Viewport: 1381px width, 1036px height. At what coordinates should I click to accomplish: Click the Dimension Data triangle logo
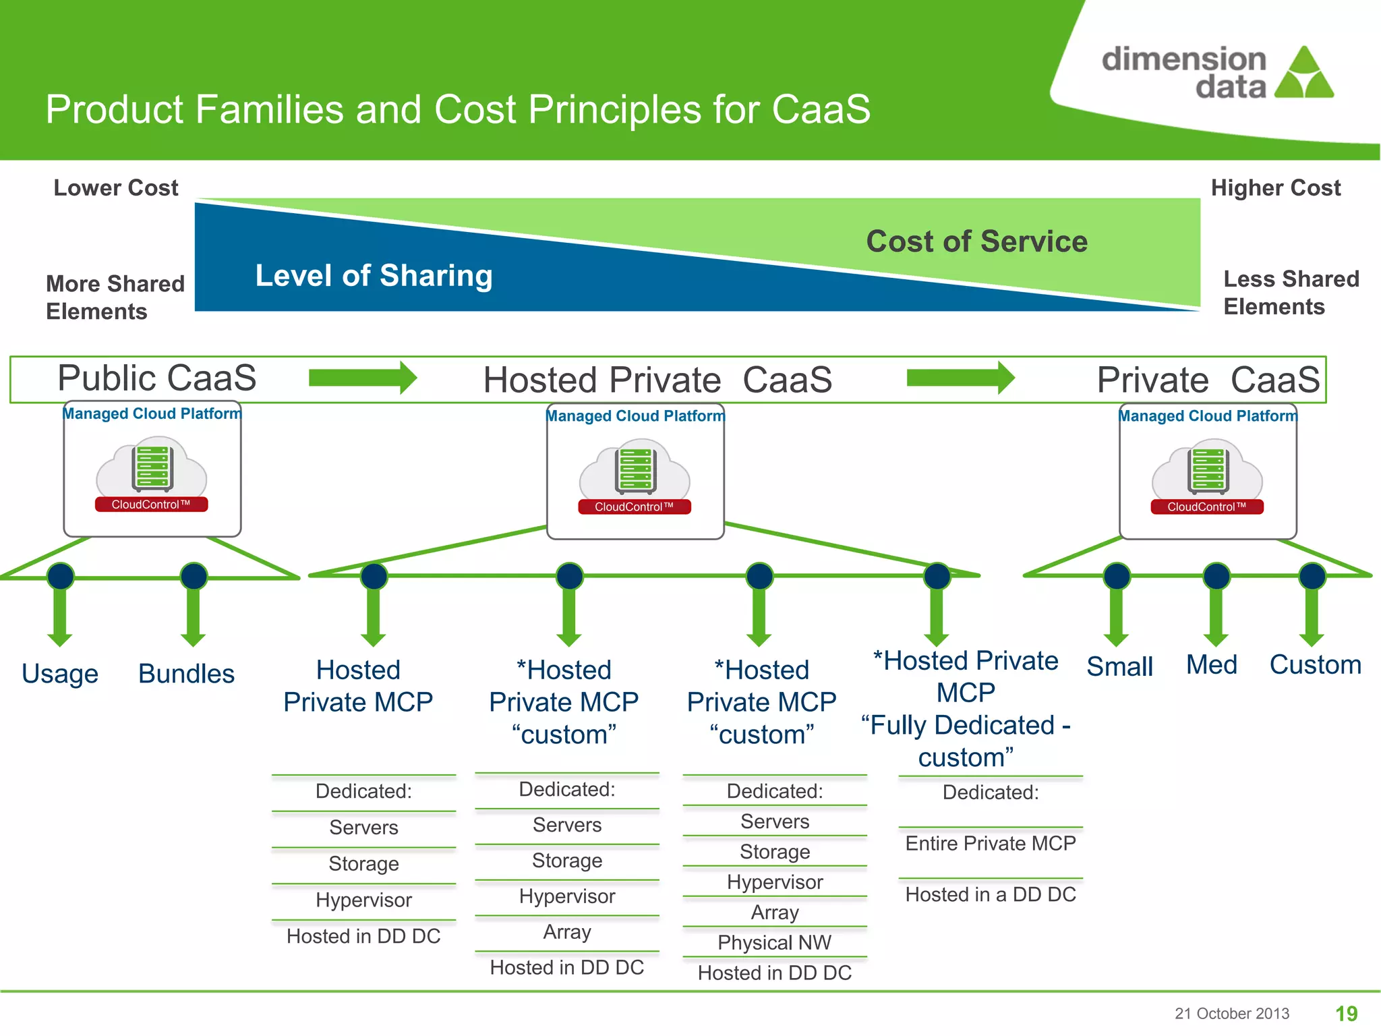point(1304,74)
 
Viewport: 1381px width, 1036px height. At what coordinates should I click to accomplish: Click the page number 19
point(1346,1013)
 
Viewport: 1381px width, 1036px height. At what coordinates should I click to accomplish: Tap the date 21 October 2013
point(1231,1013)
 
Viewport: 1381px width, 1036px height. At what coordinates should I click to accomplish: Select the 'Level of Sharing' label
point(374,275)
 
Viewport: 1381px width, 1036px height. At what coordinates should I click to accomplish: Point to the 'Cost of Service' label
point(976,241)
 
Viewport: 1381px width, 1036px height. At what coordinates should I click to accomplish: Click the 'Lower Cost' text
point(116,188)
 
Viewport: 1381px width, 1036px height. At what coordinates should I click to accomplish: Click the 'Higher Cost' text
point(1275,188)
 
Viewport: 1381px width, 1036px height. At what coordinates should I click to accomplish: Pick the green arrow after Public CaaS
point(363,378)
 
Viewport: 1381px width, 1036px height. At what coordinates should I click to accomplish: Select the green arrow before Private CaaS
point(960,378)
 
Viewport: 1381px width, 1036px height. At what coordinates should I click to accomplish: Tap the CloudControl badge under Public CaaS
point(151,505)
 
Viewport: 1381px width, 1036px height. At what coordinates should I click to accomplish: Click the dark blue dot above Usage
point(61,576)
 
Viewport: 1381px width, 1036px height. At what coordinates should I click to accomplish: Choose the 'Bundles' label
point(186,673)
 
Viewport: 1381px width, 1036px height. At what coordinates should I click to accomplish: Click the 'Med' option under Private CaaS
point(1211,665)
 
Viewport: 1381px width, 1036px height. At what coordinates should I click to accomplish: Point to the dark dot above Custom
point(1312,576)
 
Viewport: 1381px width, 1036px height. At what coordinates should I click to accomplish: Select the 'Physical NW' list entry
point(774,942)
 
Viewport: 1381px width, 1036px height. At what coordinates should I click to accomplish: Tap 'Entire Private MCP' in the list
point(990,843)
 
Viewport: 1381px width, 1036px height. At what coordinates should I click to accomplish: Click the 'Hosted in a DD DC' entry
point(990,894)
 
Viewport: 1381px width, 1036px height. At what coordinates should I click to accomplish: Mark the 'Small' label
point(1119,666)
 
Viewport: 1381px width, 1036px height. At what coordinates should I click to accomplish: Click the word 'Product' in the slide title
point(113,109)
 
